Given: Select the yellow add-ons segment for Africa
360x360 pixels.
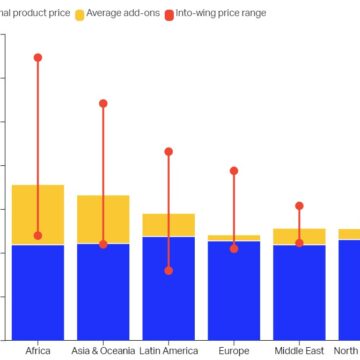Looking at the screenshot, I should (x=38, y=214).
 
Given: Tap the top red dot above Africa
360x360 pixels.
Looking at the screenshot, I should (x=38, y=58).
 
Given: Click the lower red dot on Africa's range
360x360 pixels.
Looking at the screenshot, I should (x=38, y=236).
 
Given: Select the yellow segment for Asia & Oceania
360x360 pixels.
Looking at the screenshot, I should (x=103, y=219).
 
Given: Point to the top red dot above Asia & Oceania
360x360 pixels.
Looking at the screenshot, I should (x=103, y=103).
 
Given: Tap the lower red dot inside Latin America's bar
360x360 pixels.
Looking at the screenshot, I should (x=168, y=271).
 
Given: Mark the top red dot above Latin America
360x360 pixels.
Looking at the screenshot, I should (x=168, y=152).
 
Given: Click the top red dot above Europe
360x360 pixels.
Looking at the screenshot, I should (x=234, y=171).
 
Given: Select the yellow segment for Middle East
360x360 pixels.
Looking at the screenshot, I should (x=299, y=236).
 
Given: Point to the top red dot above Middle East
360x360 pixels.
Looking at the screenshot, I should (x=299, y=206).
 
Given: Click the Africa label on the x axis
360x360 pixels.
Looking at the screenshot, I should (x=38, y=351).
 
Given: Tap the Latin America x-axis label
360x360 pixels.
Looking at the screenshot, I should (x=168, y=351).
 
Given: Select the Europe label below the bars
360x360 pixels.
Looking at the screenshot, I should (x=234, y=351).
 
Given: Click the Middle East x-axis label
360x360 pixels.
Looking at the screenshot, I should (x=299, y=351).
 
